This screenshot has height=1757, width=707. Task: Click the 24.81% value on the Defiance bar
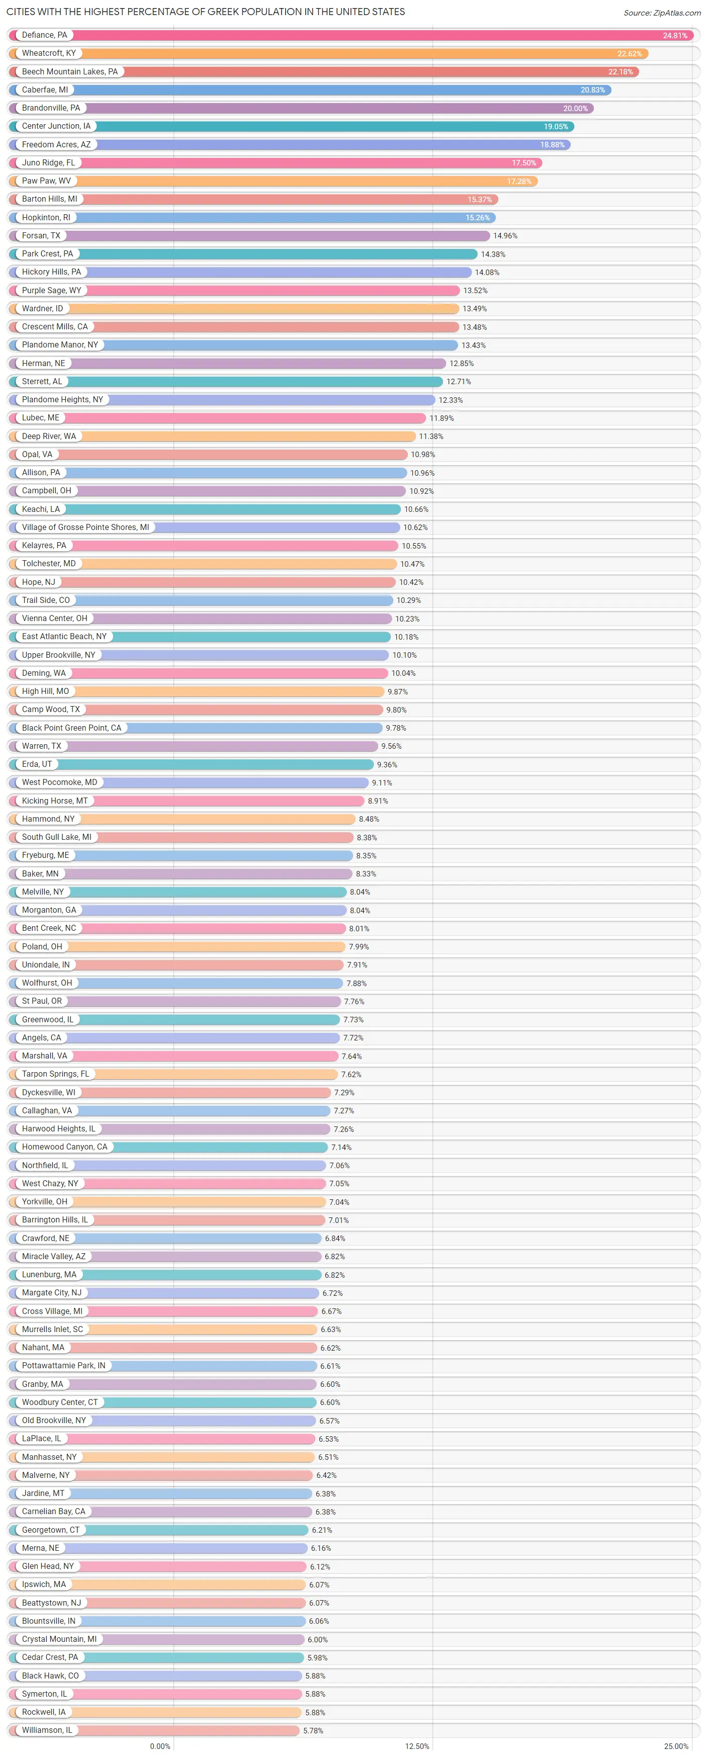point(674,36)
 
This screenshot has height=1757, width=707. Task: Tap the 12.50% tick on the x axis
point(417,1746)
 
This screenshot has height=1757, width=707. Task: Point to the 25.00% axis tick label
point(676,1746)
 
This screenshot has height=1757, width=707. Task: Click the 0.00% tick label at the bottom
point(160,1746)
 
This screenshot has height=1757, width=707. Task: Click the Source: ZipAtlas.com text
point(661,13)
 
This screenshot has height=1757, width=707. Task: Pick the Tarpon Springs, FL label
point(55,1074)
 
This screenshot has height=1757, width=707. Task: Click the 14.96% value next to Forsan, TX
point(505,236)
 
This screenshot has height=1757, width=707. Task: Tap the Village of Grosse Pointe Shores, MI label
point(85,527)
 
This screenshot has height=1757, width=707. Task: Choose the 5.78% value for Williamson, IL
point(313,1730)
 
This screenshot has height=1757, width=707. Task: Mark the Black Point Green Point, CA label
point(71,728)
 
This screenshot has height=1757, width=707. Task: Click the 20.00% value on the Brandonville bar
point(575,109)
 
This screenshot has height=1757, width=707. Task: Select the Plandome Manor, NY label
point(60,345)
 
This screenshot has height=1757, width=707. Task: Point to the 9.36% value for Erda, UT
point(387,764)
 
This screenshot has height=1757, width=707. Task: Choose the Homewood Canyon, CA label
point(65,1147)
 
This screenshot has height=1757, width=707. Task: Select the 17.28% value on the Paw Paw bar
point(519,182)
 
